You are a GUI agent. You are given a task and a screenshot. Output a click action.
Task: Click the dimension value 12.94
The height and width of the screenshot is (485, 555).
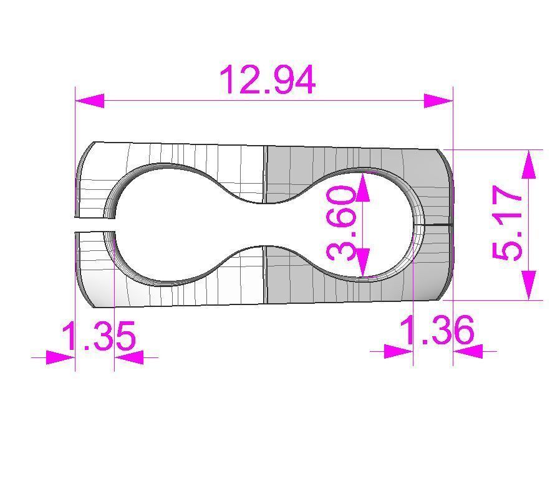(268, 80)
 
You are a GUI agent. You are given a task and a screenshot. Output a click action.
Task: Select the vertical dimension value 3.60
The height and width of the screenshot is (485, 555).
(342, 224)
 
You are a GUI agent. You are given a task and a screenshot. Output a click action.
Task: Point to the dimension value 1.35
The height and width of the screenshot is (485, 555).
(99, 337)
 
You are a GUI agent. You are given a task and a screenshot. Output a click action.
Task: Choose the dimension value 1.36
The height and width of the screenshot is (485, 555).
(437, 330)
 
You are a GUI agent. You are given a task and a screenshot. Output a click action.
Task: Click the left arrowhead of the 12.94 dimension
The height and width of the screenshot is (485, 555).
(89, 100)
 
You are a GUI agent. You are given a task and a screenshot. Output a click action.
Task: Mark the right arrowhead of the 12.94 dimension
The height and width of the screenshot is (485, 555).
(438, 100)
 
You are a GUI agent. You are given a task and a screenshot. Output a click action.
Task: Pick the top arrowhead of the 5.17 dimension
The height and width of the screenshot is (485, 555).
(529, 164)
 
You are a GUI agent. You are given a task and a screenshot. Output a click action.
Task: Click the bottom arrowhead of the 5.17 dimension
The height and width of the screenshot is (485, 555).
(529, 285)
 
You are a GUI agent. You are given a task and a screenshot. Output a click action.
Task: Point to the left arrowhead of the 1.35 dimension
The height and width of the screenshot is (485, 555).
(61, 357)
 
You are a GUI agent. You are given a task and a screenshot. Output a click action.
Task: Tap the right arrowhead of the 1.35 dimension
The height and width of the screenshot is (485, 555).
(129, 357)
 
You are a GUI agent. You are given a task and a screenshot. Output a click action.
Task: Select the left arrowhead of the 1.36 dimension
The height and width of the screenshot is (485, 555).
(398, 351)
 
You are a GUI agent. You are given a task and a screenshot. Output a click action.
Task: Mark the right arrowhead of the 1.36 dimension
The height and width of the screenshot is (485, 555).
(467, 351)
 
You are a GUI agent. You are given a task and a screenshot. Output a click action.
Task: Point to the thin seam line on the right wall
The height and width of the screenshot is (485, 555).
(437, 224)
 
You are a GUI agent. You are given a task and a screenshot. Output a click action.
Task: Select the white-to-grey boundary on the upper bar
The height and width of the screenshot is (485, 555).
(265, 174)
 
